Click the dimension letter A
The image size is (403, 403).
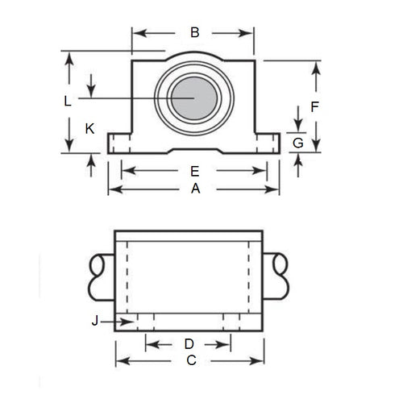point(193,189)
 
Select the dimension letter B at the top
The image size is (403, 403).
point(193,33)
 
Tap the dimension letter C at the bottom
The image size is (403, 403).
point(191,361)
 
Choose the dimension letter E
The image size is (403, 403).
point(193,171)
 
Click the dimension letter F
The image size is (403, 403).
point(315,106)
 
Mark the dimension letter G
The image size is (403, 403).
point(297,143)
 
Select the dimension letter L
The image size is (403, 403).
point(69,101)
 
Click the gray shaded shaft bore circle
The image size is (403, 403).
point(193,98)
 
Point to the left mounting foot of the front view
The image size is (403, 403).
point(118,143)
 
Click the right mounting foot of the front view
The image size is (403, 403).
point(268,143)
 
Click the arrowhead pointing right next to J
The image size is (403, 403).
point(129,322)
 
